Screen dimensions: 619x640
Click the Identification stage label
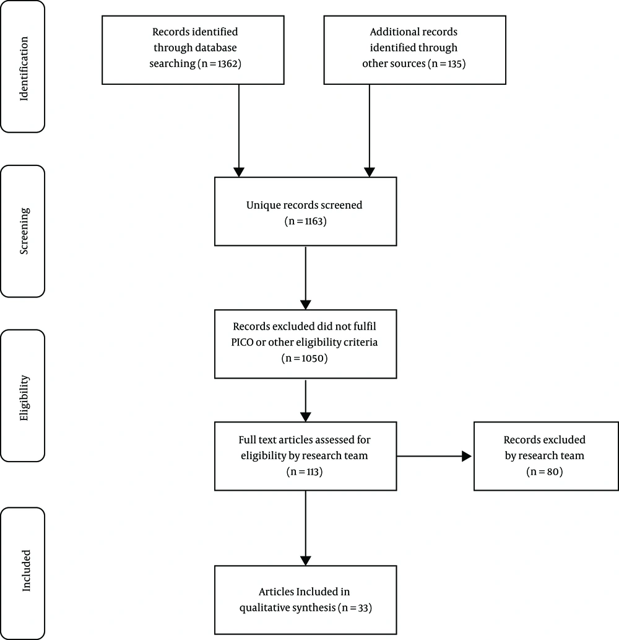click(24, 69)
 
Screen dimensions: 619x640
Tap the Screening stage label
click(24, 231)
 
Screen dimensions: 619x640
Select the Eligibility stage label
click(24, 398)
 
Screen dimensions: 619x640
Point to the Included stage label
click(26, 571)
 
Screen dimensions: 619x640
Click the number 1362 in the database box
click(228, 64)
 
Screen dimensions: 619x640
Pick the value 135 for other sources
click(455, 64)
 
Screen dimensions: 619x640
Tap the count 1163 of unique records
click(314, 221)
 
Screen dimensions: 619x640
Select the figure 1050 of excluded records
click(313, 358)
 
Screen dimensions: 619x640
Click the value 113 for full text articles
click(312, 472)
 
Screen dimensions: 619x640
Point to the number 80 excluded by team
click(553, 472)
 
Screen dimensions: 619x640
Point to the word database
click(215, 48)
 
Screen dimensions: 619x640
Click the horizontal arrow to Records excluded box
click(434, 457)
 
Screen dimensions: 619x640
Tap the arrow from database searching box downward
click(239, 131)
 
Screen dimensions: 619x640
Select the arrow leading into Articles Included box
click(305, 528)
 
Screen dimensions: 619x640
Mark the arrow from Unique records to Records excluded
click(305, 278)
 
